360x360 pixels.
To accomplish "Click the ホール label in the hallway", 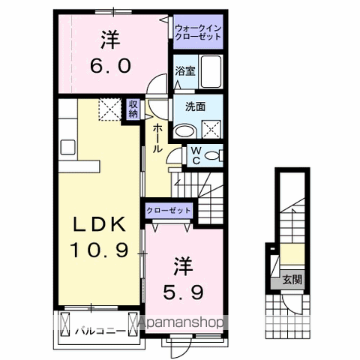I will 157,139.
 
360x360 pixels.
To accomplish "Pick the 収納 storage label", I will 133,109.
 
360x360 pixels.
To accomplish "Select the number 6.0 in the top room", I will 113,64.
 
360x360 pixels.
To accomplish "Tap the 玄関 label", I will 292,281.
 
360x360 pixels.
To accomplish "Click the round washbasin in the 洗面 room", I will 187,127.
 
